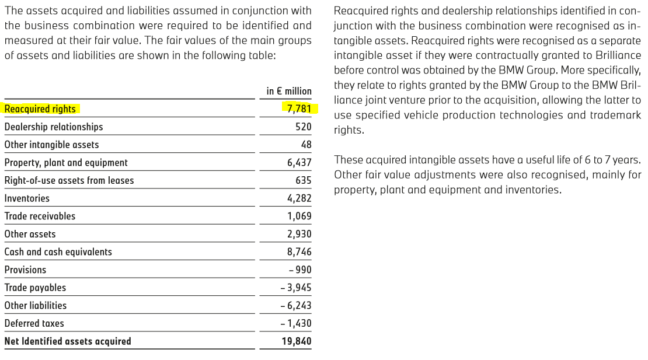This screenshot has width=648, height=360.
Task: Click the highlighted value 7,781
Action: (299, 109)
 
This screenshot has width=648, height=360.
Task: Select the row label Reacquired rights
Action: (40, 109)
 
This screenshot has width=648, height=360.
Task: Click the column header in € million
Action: (289, 91)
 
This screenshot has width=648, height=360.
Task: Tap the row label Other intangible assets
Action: (51, 145)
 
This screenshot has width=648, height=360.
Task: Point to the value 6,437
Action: (299, 163)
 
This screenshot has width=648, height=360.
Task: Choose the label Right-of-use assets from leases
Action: (69, 180)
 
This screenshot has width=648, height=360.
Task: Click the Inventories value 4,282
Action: (299, 198)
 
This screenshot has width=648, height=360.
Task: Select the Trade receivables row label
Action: (40, 216)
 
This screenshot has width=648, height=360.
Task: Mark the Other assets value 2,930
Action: (299, 234)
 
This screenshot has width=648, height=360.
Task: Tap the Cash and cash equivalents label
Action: (58, 252)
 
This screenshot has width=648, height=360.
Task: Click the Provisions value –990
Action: (300, 270)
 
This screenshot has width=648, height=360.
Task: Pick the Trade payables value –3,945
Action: (296, 288)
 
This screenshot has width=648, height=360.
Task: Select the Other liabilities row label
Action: (35, 305)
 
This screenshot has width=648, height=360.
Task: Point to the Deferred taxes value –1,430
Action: (296, 323)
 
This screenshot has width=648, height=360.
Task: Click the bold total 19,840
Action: (297, 341)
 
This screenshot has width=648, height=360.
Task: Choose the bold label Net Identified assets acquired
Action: (68, 341)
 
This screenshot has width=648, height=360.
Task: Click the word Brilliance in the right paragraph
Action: (617, 55)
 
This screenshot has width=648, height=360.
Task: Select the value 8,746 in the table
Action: (299, 252)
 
